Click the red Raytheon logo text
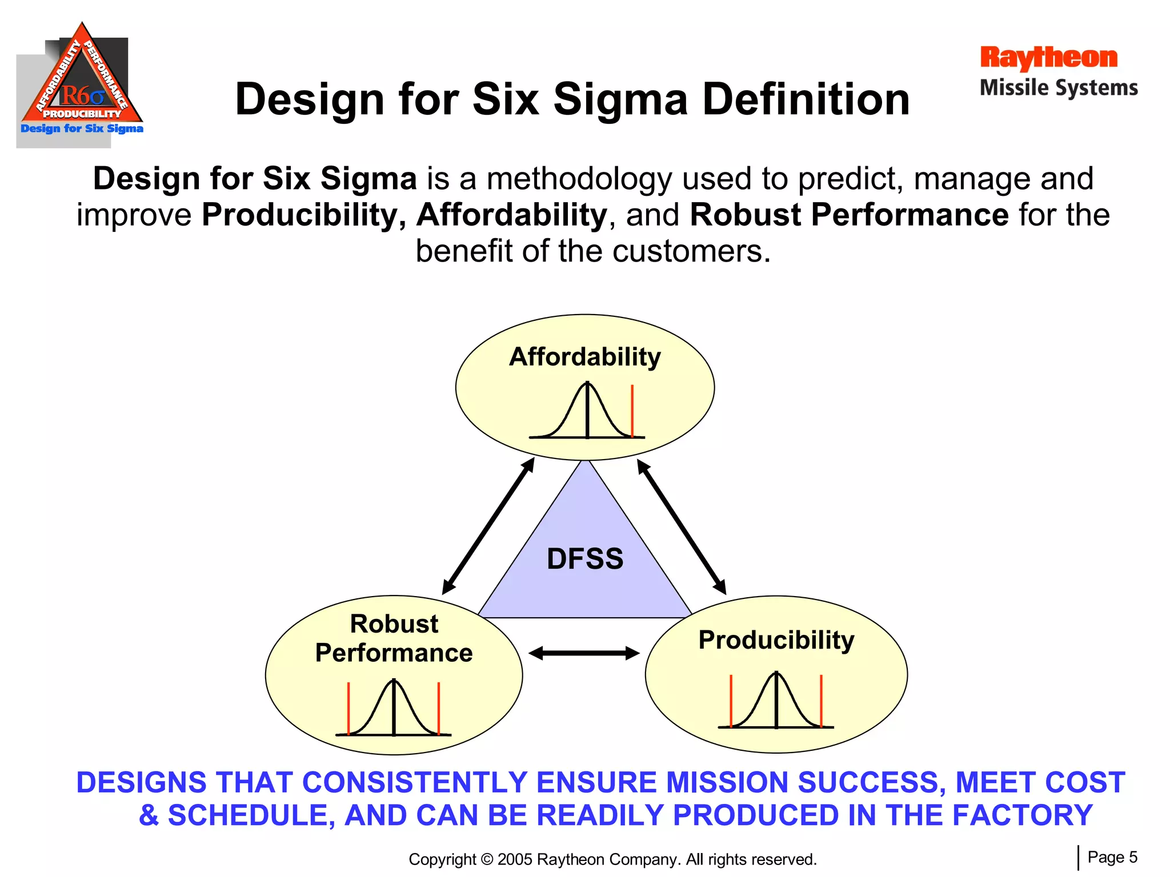(x=1048, y=58)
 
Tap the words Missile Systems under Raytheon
(x=1059, y=88)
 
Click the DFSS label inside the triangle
(x=585, y=558)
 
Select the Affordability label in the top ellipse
(x=585, y=357)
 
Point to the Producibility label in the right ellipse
(x=776, y=639)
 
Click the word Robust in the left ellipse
(x=394, y=623)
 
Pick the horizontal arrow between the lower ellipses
(x=584, y=653)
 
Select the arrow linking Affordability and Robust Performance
(x=488, y=526)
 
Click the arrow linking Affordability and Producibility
(x=682, y=526)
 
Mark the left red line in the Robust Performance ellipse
(x=348, y=708)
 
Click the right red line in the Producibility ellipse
(x=821, y=701)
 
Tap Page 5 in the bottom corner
(x=1112, y=857)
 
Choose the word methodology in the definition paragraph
(x=579, y=179)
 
